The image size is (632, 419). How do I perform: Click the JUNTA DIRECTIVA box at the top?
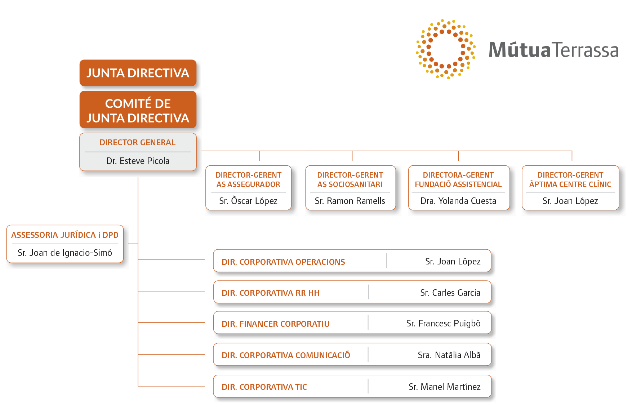(138, 73)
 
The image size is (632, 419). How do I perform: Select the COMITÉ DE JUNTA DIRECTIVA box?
(138, 110)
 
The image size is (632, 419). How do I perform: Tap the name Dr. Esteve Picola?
(138, 161)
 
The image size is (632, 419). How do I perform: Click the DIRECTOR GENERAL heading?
(138, 142)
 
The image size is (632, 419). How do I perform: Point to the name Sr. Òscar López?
(248, 201)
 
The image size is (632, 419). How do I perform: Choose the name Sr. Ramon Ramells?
(350, 201)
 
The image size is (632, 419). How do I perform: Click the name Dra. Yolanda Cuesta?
(458, 201)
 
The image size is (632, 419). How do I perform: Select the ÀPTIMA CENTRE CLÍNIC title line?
(570, 184)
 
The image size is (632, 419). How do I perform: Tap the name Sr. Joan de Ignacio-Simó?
(65, 253)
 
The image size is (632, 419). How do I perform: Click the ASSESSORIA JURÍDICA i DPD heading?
(65, 235)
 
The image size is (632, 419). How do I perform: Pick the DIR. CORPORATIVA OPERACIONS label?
(283, 262)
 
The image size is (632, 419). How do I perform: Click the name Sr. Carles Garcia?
(450, 293)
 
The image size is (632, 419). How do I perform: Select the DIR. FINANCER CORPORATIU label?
(276, 324)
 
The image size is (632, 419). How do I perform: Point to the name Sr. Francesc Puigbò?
(443, 324)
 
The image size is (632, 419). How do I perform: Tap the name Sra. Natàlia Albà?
(449, 355)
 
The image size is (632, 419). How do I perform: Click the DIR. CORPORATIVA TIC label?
(264, 387)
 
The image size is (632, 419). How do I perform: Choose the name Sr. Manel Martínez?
(445, 387)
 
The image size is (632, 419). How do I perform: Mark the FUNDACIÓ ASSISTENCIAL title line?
(458, 184)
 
